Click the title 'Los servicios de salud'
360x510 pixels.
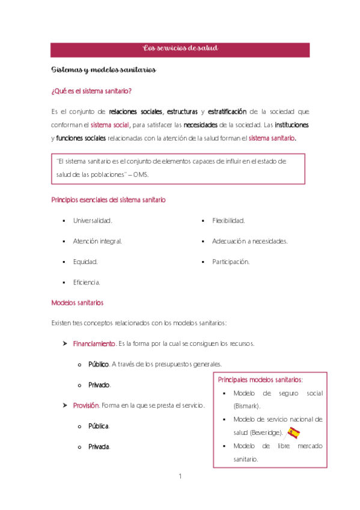pyautogui.click(x=180, y=48)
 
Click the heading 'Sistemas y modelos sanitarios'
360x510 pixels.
pyautogui.click(x=104, y=70)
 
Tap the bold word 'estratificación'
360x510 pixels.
pyautogui.click(x=227, y=112)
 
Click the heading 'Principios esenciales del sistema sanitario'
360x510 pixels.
pyautogui.click(x=109, y=199)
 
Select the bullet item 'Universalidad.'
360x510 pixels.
pyautogui.click(x=93, y=221)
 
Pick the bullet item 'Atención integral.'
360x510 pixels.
pyautogui.click(x=97, y=241)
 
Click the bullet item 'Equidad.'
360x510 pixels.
pyautogui.click(x=85, y=262)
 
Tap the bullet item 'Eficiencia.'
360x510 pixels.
pyautogui.click(x=87, y=282)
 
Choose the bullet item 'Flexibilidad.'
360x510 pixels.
pyautogui.click(x=228, y=221)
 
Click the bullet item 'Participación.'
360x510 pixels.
pyautogui.click(x=231, y=262)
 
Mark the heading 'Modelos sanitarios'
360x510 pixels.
pyautogui.click(x=78, y=303)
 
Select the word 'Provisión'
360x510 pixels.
pyautogui.click(x=85, y=405)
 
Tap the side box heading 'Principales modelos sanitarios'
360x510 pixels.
pyautogui.click(x=260, y=380)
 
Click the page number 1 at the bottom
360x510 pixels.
pyautogui.click(x=180, y=477)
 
